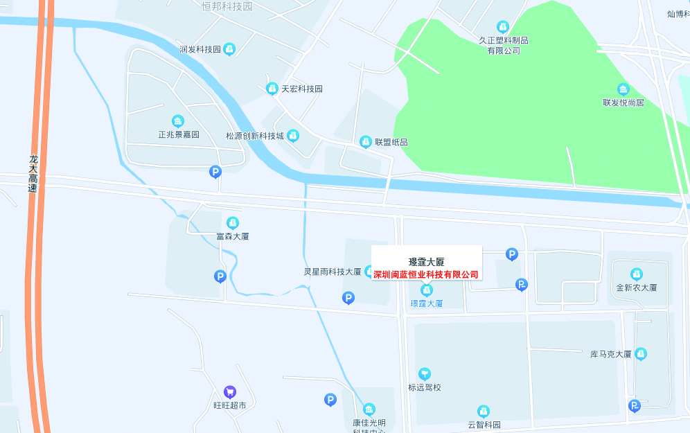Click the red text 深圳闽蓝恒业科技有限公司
426,275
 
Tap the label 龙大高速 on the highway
33,174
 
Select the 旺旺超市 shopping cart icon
230,392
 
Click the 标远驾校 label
425,387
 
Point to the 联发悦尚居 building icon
623,89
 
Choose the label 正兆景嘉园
178,134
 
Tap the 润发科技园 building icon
229,49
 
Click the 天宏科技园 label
301,89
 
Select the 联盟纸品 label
391,142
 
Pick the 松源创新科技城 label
255,136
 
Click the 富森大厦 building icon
233,222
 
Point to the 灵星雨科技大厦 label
333,272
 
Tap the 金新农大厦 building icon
637,274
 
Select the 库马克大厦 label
610,354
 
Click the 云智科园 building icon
484,412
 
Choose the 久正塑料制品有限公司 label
504,46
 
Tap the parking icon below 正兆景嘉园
215,172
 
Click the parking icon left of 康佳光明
330,400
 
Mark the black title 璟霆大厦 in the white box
426,262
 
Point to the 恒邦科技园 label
227,7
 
